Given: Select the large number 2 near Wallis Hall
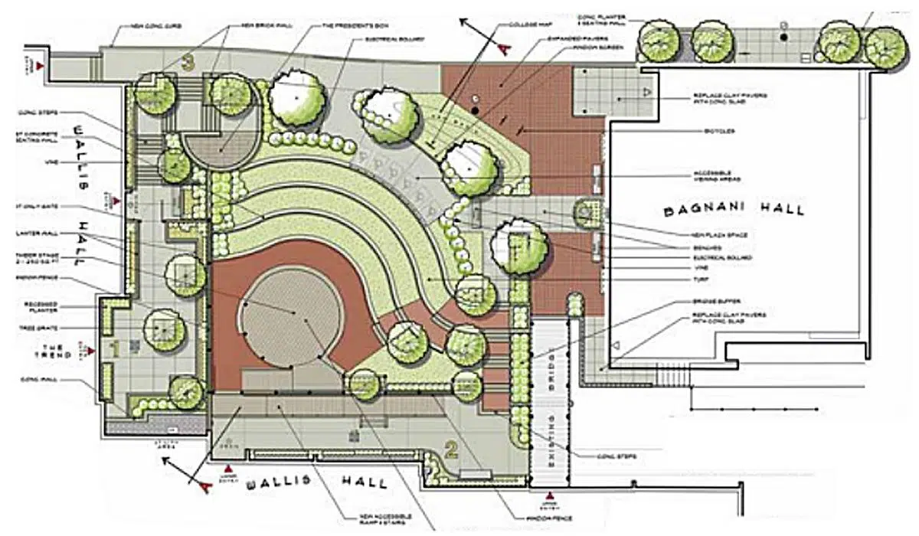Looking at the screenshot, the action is pos(451,450).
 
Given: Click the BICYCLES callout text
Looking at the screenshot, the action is pos(720,132).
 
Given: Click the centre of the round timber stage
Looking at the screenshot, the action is pos(293,315).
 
